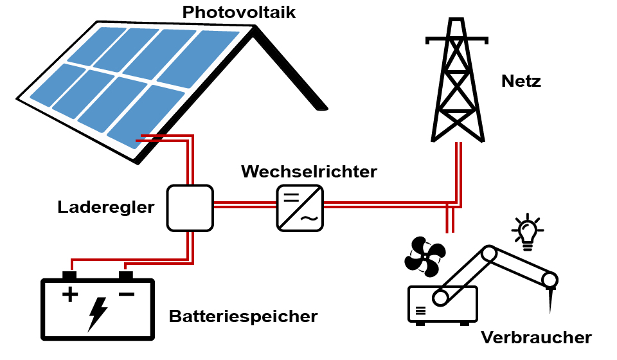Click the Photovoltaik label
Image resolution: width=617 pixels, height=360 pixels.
tap(239, 12)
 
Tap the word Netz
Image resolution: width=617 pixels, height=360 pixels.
tap(521, 82)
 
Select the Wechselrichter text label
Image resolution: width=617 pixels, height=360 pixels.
tap(308, 172)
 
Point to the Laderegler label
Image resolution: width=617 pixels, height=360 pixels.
tap(107, 207)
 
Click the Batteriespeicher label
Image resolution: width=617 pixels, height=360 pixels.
tap(244, 316)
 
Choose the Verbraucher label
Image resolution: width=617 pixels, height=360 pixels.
tap(536, 337)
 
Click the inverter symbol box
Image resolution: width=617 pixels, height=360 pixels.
tap(300, 208)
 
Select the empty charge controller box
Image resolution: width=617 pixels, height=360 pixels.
tap(190, 208)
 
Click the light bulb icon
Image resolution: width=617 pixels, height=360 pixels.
tap(527, 231)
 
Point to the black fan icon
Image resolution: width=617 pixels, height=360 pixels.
tap(423, 256)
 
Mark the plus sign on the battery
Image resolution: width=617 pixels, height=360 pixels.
tap(69, 295)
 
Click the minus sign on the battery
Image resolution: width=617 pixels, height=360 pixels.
tap(126, 295)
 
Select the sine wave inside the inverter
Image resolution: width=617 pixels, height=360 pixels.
tap(309, 219)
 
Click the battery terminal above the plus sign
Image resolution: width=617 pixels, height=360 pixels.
tap(69, 276)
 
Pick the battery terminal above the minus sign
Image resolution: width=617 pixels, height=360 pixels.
tap(126, 276)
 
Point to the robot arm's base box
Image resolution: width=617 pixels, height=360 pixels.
tap(443, 305)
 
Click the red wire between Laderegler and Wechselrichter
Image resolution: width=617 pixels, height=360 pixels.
tap(244, 205)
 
